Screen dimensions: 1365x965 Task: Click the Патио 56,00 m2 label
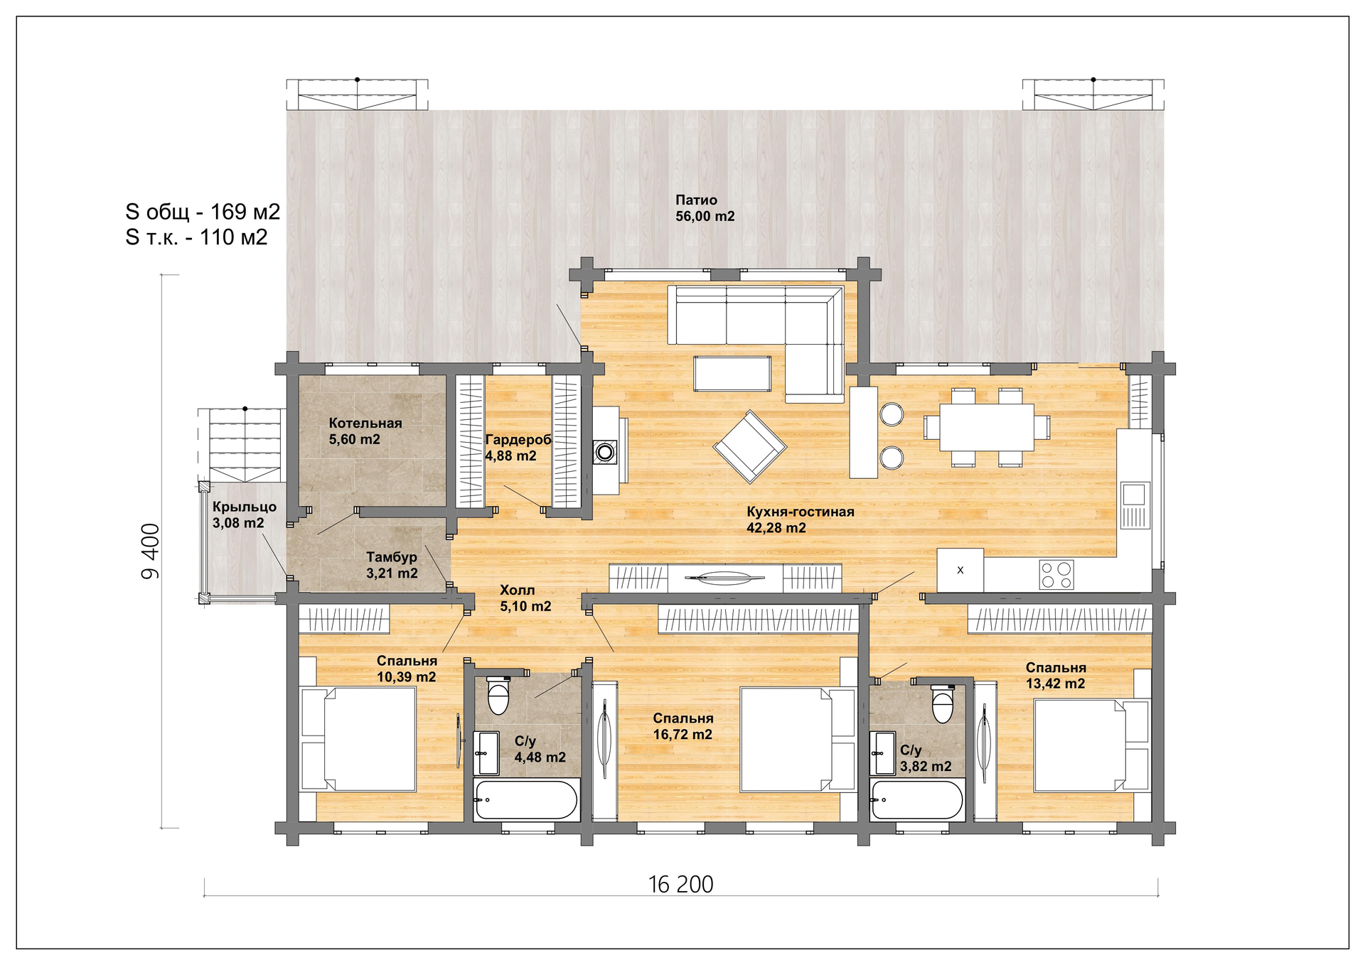pyautogui.click(x=705, y=208)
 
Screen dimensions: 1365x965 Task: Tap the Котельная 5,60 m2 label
pyautogui.click(x=365, y=431)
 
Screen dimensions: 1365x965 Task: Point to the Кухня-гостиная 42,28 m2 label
pyautogui.click(x=800, y=519)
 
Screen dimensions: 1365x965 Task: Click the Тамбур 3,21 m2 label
pyautogui.click(x=392, y=565)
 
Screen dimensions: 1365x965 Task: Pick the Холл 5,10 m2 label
pyautogui.click(x=525, y=598)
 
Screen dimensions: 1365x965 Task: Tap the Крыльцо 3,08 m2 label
pyautogui.click(x=245, y=514)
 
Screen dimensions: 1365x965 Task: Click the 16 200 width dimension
pyautogui.click(x=680, y=884)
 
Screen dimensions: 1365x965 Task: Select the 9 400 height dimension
pyautogui.click(x=151, y=551)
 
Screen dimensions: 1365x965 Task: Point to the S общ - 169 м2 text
pyautogui.click(x=203, y=211)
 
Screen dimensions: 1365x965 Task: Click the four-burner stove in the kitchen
pyautogui.click(x=1056, y=575)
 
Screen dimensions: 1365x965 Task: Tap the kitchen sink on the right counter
pyautogui.click(x=1135, y=505)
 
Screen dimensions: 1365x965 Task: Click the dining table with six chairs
pyautogui.click(x=987, y=427)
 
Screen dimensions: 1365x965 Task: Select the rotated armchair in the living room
pyautogui.click(x=750, y=447)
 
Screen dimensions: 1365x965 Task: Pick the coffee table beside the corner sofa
pyautogui.click(x=732, y=373)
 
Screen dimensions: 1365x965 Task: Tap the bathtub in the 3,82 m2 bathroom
pyautogui.click(x=917, y=800)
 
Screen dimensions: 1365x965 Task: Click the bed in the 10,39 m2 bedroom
pyautogui.click(x=358, y=738)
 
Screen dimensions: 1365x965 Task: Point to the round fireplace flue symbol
pyautogui.click(x=605, y=451)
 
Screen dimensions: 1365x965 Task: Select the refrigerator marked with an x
pyautogui.click(x=960, y=570)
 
